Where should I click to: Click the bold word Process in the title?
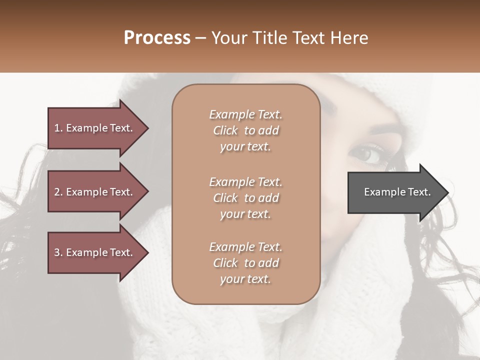click(157, 38)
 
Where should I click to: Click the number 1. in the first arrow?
click(58, 128)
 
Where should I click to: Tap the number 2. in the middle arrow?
click(58, 192)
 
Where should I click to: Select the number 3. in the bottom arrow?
click(58, 252)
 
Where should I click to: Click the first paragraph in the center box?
click(245, 130)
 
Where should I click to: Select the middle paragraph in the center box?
click(245, 198)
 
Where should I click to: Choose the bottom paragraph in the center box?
click(245, 263)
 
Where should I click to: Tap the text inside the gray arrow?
click(397, 192)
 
